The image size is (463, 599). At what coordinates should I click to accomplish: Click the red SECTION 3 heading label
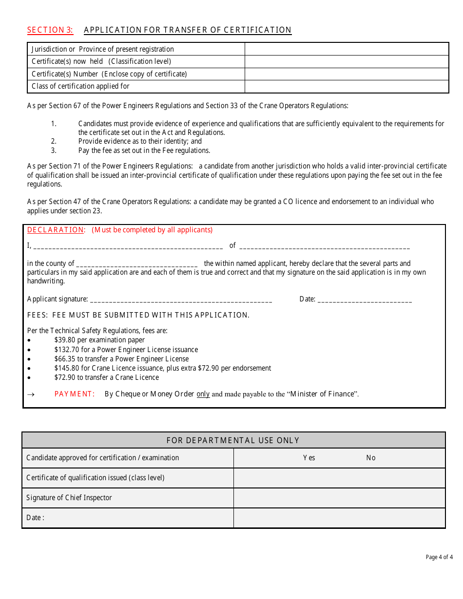point(50,30)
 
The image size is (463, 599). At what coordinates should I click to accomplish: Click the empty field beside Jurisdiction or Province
point(346,49)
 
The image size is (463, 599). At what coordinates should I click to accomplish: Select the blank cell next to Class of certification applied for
point(346,86)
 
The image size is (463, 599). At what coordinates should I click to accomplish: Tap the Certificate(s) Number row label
point(109,74)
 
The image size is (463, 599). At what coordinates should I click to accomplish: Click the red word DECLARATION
point(56,230)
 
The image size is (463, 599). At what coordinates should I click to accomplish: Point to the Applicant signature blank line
point(181,300)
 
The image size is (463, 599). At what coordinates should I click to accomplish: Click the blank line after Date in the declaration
point(365,300)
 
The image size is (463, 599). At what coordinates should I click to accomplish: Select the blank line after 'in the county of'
point(137,264)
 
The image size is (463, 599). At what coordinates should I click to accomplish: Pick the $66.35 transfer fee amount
point(65,359)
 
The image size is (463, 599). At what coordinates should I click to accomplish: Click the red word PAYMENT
point(75,394)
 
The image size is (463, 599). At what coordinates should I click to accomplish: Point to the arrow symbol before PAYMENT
point(30,394)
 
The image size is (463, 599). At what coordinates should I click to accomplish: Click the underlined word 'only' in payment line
point(203,394)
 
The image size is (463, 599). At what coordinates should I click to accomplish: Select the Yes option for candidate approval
point(309,458)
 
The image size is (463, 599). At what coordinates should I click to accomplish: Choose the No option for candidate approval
point(371,458)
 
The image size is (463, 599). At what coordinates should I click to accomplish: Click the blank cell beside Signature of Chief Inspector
point(339,498)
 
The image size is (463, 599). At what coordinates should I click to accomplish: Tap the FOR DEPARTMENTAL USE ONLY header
point(233,440)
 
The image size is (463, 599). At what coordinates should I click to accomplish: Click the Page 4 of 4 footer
point(439,557)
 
